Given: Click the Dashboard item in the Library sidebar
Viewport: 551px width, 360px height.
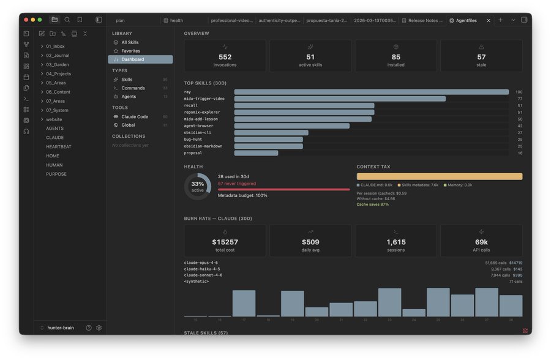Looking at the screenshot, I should pos(132,59).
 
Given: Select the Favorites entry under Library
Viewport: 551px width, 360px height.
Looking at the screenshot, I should pos(130,51).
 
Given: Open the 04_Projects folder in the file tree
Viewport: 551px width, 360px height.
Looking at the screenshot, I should pos(58,73).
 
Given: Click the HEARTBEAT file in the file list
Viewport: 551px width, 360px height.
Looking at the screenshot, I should pos(58,147).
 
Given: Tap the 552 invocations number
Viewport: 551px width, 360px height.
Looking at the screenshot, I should pos(225,57).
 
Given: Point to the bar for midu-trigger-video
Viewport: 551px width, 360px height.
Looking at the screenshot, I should pos(340,99).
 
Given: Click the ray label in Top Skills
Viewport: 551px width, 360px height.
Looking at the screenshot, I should pos(187,92).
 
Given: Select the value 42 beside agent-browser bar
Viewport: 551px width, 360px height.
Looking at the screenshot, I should pos(519,126).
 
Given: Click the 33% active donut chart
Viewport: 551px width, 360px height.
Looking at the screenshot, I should pos(198,186).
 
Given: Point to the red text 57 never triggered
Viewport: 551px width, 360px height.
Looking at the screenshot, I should pos(237,184).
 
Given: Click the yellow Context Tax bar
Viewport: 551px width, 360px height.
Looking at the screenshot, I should pos(439,176).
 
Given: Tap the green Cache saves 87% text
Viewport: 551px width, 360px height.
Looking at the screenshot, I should pos(372,204).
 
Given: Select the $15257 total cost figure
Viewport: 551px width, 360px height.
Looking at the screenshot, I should pos(225,242).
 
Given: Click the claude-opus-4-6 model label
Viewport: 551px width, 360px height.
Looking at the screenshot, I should pos(201,263).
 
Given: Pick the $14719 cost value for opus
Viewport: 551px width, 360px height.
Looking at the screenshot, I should pos(515,263).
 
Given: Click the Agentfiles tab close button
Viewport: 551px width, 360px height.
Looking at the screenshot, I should pos(488,20).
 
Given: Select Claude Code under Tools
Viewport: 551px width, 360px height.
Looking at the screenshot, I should pos(134,116).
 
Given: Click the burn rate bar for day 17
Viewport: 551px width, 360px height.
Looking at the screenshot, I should pos(244,303).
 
